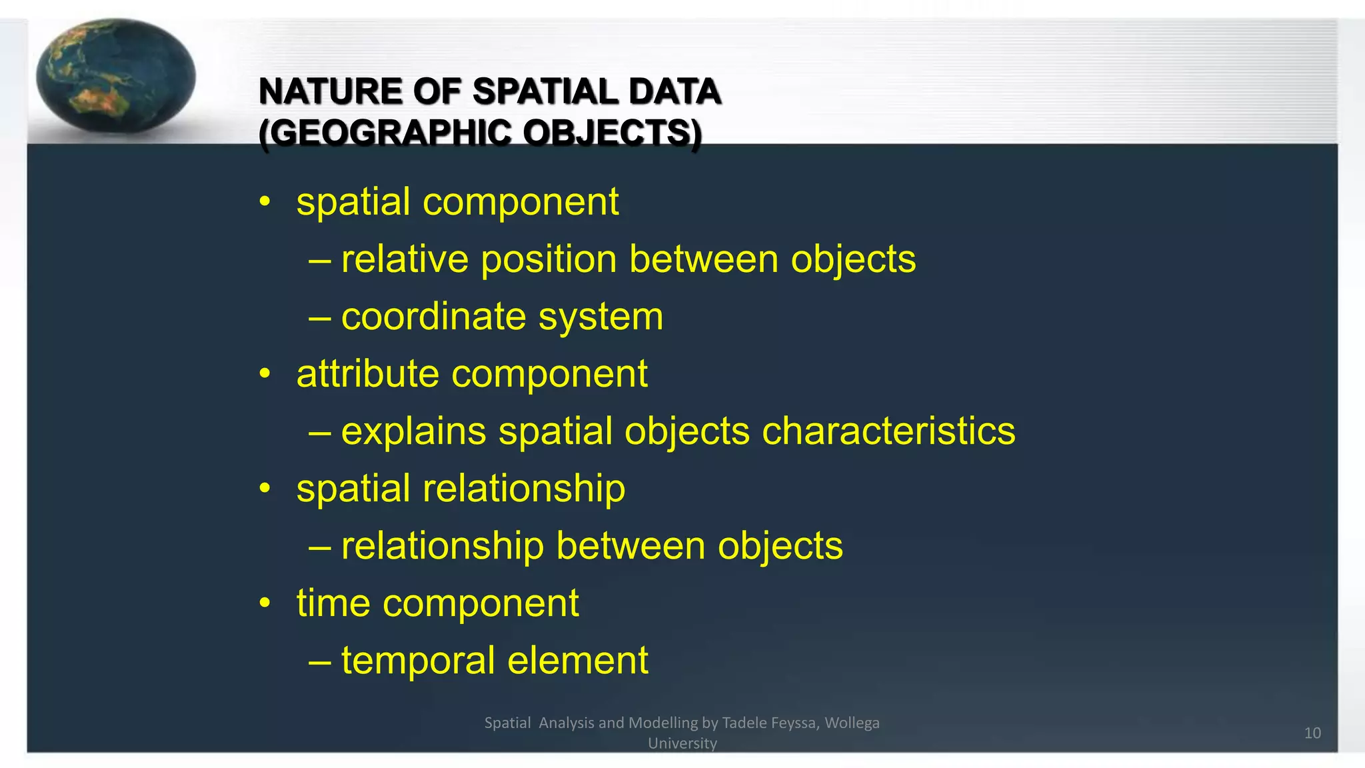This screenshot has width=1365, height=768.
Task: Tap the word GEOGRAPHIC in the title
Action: pos(386,133)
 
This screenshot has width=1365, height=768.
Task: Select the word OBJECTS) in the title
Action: pos(612,133)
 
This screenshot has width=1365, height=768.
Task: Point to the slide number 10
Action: pos(1312,733)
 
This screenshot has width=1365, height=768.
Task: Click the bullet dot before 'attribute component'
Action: pos(265,374)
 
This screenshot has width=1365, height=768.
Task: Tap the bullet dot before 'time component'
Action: pos(265,603)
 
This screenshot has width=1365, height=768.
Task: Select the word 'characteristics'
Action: pos(888,431)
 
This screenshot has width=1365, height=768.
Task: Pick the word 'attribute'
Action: pos(368,374)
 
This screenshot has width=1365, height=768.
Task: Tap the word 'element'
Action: pos(578,661)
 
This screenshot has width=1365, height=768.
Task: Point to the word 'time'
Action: pos(333,603)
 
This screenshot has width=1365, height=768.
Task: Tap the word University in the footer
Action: pos(682,743)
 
